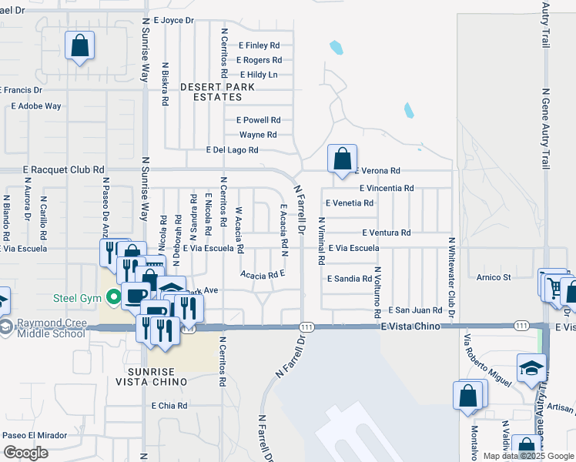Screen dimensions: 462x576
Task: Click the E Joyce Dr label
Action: [173, 20]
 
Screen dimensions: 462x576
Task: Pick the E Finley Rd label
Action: [260, 45]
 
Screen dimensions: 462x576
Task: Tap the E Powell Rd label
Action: [259, 120]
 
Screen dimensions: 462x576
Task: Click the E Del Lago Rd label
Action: [232, 150]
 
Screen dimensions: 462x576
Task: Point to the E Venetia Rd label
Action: [350, 203]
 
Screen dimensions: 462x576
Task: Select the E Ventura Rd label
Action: [386, 233]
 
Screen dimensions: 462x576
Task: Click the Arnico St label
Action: [494, 277]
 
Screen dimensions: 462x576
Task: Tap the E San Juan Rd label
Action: [415, 310]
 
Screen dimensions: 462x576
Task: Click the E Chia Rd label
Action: [169, 406]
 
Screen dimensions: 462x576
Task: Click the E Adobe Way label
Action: [35, 106]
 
